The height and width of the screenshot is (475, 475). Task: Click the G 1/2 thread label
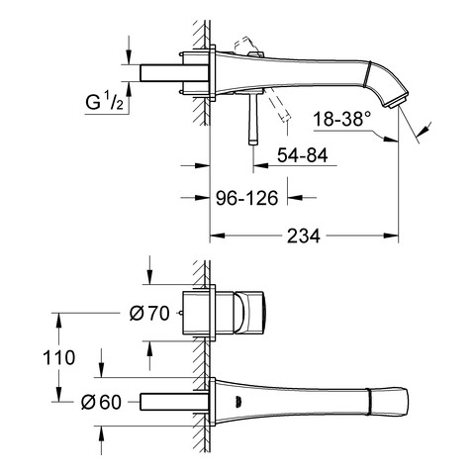pos(104,102)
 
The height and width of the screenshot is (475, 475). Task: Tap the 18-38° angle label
pos(341,119)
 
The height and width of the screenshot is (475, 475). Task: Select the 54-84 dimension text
pos(303,155)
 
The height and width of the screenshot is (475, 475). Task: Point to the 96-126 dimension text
pos(247,198)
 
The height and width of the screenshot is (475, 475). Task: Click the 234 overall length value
pos(304,236)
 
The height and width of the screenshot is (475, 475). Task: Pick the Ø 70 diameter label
pos(149,313)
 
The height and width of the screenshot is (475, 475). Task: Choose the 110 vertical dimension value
pos(59,357)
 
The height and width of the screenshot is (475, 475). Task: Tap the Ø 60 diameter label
pos(101,402)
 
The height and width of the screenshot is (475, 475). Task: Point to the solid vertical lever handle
pos(253,118)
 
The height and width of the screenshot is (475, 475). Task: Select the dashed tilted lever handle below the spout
pos(279,106)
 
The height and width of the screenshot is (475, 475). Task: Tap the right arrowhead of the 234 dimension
pos(391,236)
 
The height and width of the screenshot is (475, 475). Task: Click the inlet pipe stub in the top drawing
pos(174,73)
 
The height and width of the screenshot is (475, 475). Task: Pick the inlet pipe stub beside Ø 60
pos(174,402)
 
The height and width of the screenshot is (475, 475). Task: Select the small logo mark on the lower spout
pos(237,400)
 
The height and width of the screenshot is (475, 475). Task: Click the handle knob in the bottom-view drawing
pos(249,312)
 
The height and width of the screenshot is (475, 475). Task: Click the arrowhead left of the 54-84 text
pos(261,165)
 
